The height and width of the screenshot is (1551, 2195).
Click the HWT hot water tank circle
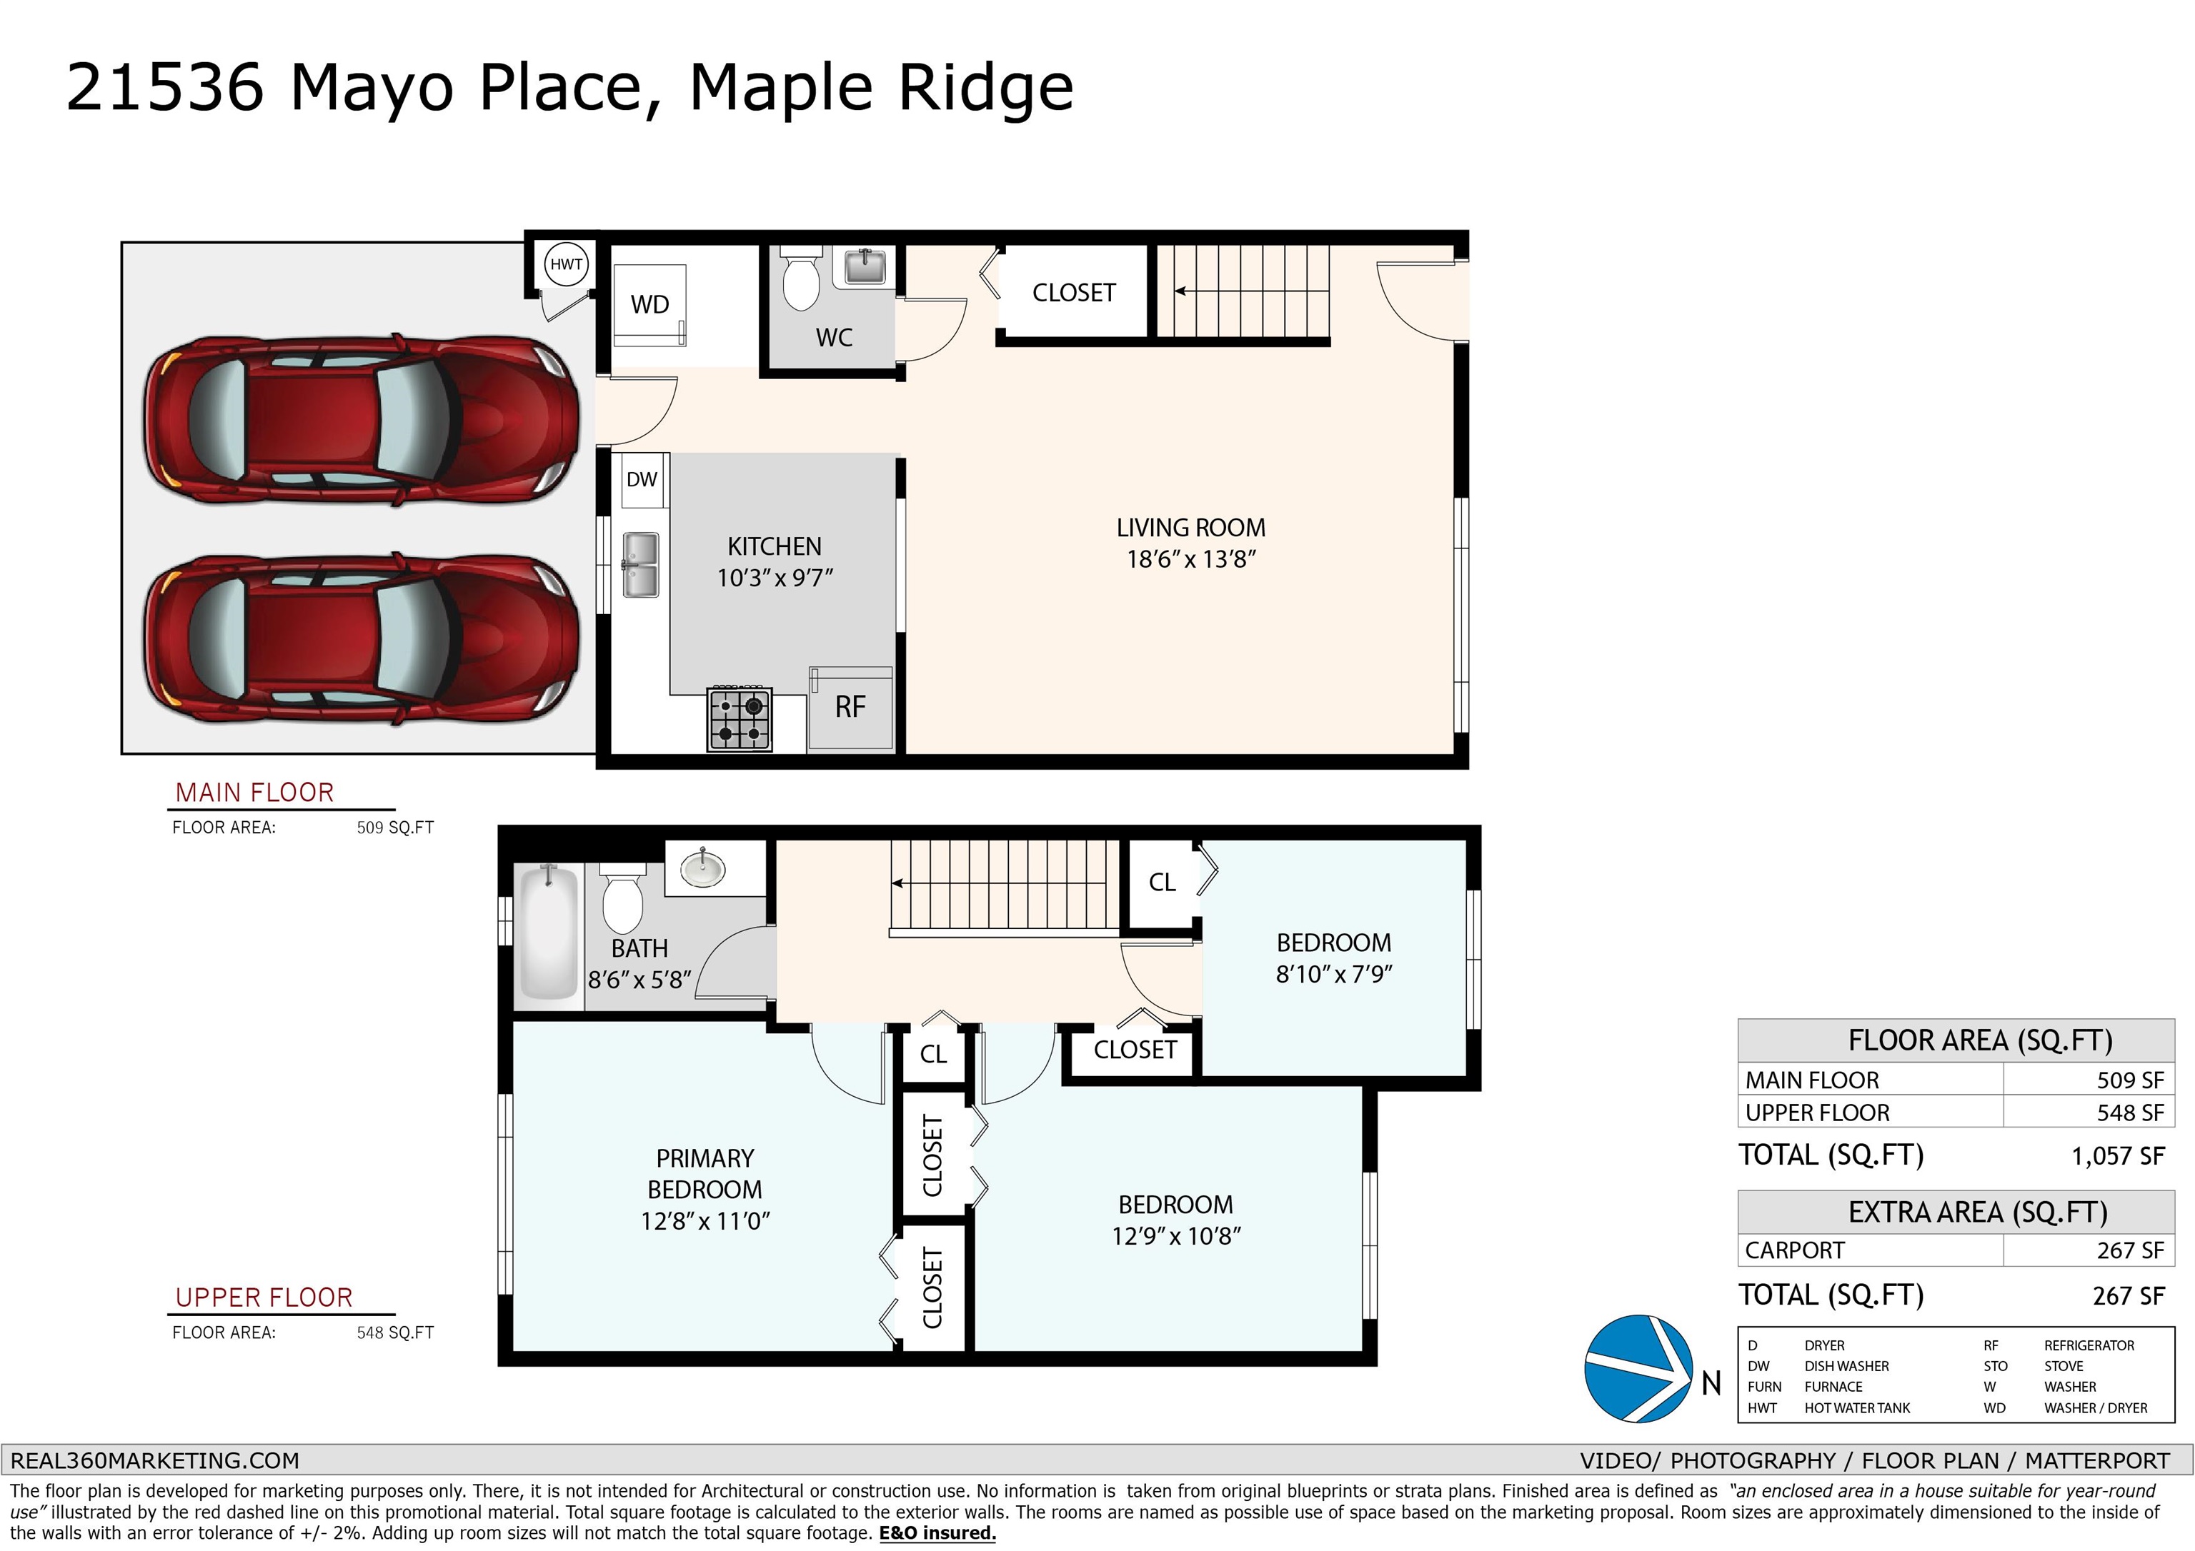566,263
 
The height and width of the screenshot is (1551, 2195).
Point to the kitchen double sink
640,565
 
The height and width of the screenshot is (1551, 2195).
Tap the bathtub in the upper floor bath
548,932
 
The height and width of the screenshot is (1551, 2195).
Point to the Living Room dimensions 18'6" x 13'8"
1190,559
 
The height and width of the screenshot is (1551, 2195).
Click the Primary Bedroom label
705,1173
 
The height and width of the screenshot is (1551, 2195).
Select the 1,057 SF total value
2118,1156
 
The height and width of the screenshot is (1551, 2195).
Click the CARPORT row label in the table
1794,1250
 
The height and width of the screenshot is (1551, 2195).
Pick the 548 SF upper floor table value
2130,1113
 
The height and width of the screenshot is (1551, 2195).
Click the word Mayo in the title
372,89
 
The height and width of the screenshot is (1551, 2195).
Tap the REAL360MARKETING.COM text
155,1460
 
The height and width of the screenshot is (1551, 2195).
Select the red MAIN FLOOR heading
254,792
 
